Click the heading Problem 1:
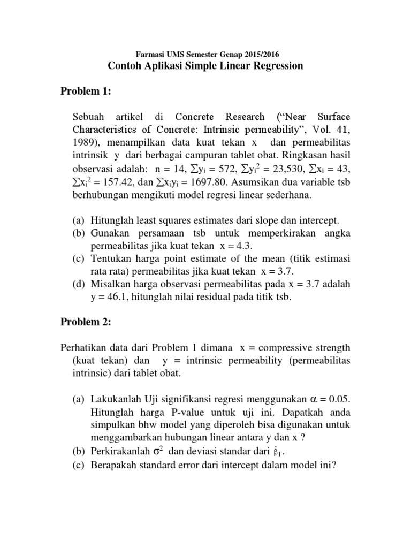(x=85, y=92)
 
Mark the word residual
(x=209, y=298)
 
